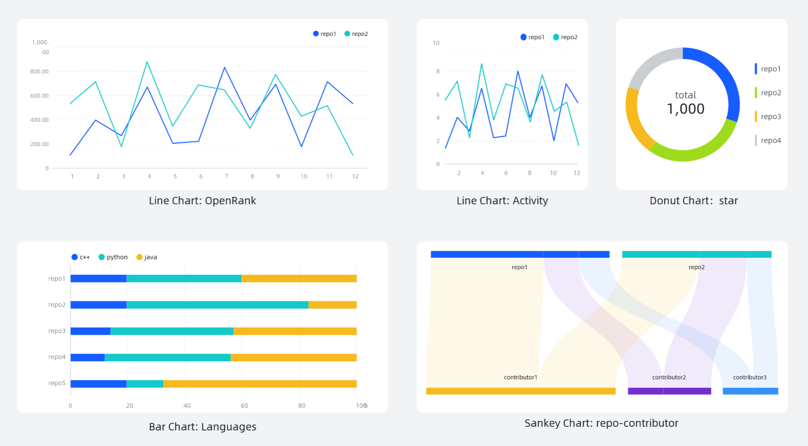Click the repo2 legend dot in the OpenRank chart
(x=347, y=34)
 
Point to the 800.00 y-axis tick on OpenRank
(x=40, y=72)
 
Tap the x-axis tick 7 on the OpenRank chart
(x=226, y=177)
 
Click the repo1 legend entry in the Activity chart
(x=532, y=37)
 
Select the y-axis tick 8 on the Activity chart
(x=438, y=72)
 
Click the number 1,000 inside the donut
(x=685, y=109)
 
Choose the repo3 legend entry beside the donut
(x=770, y=117)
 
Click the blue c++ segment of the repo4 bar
(x=88, y=357)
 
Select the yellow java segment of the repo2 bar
(x=332, y=305)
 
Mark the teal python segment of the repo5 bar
(x=145, y=384)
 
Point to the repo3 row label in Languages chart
(x=57, y=331)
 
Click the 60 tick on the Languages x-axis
(x=244, y=406)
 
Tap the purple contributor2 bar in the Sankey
(x=669, y=391)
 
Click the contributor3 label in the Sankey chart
(x=749, y=377)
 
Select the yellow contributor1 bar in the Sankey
(x=521, y=391)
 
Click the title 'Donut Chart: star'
(x=693, y=201)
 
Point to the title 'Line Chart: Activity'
(x=502, y=201)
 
